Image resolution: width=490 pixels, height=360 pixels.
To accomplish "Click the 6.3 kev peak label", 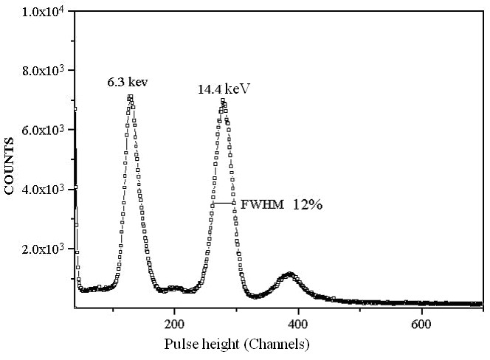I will (128, 82).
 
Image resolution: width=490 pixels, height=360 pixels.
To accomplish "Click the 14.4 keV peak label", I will (224, 89).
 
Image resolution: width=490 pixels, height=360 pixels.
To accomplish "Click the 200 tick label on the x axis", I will (174, 324).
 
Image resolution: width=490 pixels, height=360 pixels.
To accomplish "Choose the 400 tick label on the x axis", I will (298, 324).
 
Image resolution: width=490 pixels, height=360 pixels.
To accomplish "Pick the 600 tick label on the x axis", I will (421, 324).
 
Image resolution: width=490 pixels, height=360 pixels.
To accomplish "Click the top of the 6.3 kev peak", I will (130, 97).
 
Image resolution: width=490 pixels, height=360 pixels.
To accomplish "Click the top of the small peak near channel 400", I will (289, 274).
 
